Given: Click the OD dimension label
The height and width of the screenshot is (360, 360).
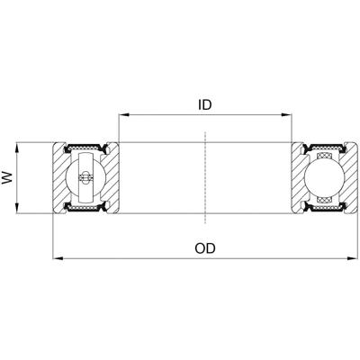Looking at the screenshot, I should pos(205,247).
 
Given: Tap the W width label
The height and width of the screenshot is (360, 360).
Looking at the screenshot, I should pos(9,178).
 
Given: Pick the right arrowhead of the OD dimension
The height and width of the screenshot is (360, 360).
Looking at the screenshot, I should pos(351,258).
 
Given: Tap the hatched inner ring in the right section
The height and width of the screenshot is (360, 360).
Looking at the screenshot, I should pos(297,178).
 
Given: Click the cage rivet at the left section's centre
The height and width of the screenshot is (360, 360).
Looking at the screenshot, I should pos(86,178).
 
